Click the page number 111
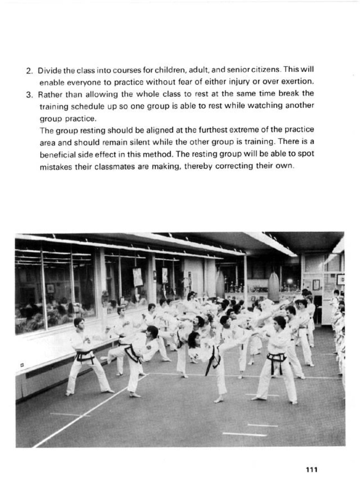pyautogui.click(x=311, y=469)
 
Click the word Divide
pyautogui.click(x=48, y=70)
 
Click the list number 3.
pyautogui.click(x=29, y=95)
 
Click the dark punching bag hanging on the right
pyautogui.click(x=274, y=285)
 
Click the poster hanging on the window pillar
pyautogui.click(x=138, y=277)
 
